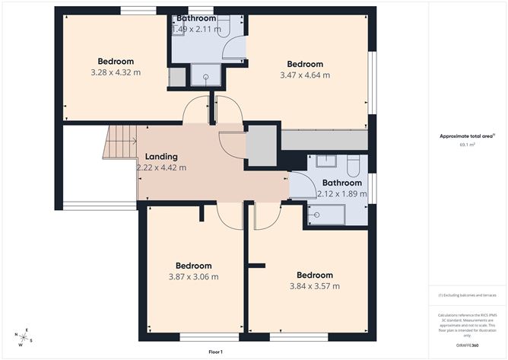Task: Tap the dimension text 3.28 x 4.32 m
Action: (116, 73)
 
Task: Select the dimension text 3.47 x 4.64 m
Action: (304, 75)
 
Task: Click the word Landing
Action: (161, 156)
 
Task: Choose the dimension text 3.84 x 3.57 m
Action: (314, 286)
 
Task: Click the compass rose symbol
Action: (25, 337)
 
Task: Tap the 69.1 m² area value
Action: (467, 144)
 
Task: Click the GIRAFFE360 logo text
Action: (467, 346)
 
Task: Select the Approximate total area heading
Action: (466, 136)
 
